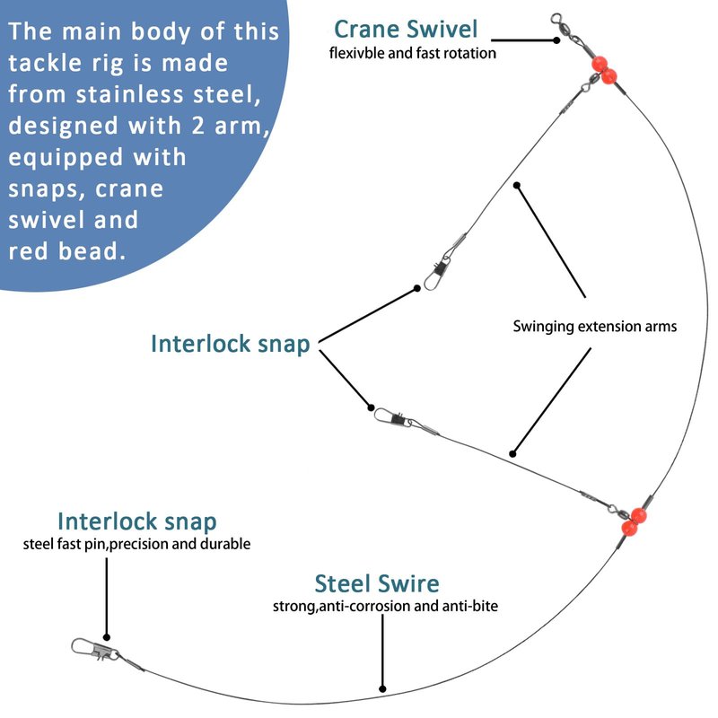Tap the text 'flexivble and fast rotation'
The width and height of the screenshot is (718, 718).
coord(413,53)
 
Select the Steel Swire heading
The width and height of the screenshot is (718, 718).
coord(377,584)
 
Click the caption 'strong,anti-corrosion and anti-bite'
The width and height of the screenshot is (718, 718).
coord(385,607)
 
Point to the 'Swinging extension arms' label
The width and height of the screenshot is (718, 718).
coord(594,327)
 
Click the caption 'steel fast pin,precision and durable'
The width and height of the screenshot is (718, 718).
coord(137,544)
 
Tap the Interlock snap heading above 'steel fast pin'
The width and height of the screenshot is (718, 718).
coord(137,521)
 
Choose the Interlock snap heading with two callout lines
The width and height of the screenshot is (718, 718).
coord(231,344)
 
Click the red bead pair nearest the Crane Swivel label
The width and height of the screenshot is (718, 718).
coord(601,69)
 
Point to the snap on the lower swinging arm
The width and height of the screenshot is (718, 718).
coord(391,417)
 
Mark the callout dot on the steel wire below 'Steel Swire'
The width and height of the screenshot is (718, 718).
coord(383,690)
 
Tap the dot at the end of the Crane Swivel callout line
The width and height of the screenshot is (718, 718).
coord(556,39)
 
